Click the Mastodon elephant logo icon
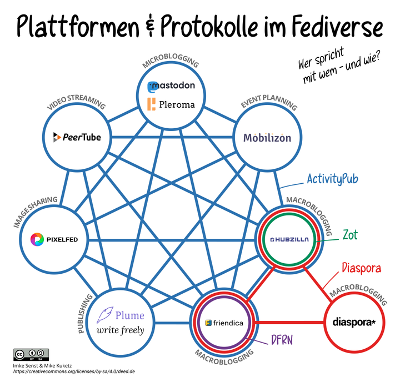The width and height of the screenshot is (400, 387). point(153,87)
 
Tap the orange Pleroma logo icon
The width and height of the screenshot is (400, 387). point(151,104)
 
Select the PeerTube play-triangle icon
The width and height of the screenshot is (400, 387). point(57,137)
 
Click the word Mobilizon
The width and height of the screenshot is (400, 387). point(267,138)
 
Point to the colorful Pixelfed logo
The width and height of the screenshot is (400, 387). point(37,239)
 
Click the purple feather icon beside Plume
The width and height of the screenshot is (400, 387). point(105,315)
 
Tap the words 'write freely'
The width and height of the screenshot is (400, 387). point(121,330)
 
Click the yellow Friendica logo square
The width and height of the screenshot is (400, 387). point(208,323)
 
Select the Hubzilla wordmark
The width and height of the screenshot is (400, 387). point(289,239)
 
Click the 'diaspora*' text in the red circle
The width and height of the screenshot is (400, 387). point(354,322)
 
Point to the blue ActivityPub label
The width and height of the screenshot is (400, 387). point(332,179)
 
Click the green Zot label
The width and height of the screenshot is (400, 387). point(350,234)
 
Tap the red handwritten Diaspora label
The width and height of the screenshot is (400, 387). point(362,268)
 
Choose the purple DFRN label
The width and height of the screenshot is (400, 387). point(282,340)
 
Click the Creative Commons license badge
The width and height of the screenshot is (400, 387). point(31,354)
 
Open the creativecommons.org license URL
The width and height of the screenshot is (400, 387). point(74,371)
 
